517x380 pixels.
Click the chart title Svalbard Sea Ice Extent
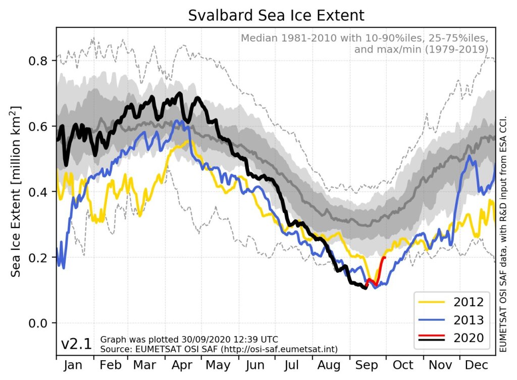(276, 15)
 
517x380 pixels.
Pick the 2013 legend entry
(451, 320)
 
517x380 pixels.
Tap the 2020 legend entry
(451, 338)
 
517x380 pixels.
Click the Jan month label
(75, 365)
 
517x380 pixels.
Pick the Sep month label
(368, 365)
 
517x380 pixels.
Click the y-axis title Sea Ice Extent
(16, 192)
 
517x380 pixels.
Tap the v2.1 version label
(76, 345)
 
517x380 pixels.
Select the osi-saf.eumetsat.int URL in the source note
(278, 349)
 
